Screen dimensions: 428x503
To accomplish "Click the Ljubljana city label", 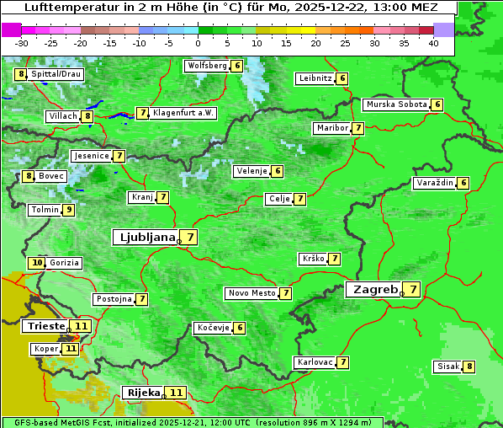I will tap(145, 238).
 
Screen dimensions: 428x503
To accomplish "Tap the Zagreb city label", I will tap(374, 290).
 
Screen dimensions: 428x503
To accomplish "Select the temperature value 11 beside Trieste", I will tap(81, 326).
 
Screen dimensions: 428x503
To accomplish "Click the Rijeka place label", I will tap(142, 393).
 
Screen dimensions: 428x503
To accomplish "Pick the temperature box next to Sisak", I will tap(469, 366).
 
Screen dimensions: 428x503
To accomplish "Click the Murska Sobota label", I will tap(395, 104).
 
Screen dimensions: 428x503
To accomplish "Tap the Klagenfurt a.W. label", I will tap(183, 113).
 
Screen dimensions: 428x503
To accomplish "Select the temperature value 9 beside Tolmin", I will tap(68, 210).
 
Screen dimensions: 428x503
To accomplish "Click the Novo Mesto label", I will tap(251, 293).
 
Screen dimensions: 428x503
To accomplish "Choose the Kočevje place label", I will tap(211, 328).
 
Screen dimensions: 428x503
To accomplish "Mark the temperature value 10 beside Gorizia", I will tap(36, 263).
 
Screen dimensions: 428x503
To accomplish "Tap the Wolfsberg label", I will tap(207, 66).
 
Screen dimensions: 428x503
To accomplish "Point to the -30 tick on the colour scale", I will tap(22, 42).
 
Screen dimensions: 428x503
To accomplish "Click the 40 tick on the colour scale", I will tap(433, 42).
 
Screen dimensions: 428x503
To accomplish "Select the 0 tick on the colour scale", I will tap(199, 42).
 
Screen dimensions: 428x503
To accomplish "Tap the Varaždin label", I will tap(435, 183).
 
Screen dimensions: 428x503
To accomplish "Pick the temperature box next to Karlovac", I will tap(343, 362).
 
